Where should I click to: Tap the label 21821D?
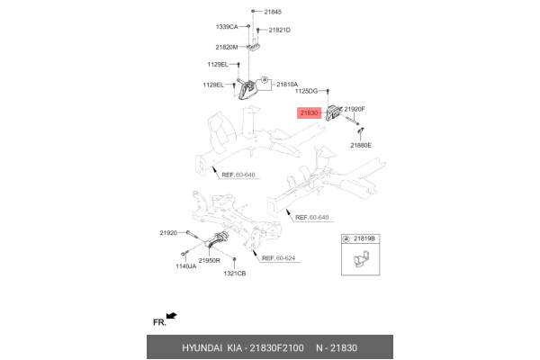coord(277,31)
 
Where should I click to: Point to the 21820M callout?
coord(226,47)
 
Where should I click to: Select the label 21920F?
coord(355,109)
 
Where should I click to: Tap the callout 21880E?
coord(360,145)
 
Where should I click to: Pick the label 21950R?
coord(210,260)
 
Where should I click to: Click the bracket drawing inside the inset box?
coord(360,262)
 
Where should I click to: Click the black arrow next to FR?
coord(171,316)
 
